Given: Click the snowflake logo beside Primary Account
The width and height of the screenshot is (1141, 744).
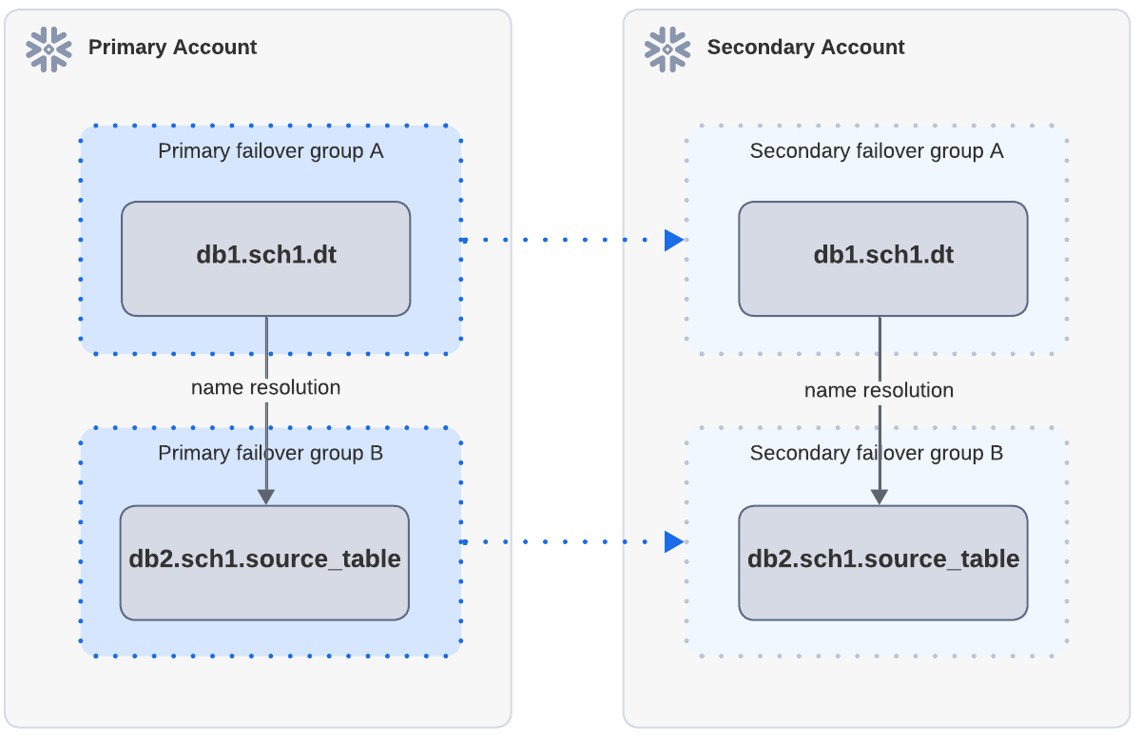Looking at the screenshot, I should click(x=48, y=49).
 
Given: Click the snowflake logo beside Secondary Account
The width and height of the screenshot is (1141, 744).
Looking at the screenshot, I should click(x=667, y=49).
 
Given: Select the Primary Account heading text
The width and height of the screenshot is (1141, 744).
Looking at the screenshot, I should click(x=172, y=48).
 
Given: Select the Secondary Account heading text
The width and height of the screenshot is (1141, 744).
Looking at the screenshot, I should click(x=805, y=48).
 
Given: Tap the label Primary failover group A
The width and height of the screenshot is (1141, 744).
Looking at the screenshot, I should click(x=270, y=151).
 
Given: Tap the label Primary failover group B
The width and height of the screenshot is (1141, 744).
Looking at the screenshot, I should click(x=270, y=453).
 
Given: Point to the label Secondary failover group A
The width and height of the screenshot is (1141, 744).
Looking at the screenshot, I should click(x=876, y=151).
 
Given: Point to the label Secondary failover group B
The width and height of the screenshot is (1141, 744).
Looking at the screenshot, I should click(x=876, y=453).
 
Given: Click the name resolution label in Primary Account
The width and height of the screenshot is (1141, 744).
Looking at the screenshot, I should click(x=265, y=387).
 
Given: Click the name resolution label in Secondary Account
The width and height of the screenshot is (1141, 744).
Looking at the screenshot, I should click(x=879, y=390).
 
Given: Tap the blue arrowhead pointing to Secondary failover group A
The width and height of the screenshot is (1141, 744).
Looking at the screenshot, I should click(x=673, y=240).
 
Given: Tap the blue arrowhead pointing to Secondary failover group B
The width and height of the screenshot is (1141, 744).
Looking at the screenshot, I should click(x=673, y=541).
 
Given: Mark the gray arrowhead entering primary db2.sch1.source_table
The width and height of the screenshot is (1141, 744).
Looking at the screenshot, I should click(x=266, y=497).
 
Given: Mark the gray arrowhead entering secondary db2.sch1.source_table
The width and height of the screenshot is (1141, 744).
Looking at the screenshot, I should click(x=880, y=497).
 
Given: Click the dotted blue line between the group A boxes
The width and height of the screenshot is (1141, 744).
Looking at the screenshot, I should click(x=561, y=240).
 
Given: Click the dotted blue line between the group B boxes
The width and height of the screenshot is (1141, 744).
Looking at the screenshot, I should click(x=561, y=541).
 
